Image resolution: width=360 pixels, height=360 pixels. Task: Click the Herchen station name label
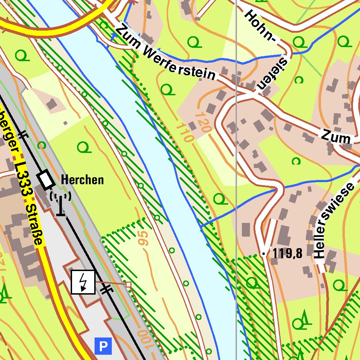[82, 180]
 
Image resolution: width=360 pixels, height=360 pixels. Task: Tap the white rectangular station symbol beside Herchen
[46, 179]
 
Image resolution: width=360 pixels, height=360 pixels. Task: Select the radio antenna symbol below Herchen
[61, 204]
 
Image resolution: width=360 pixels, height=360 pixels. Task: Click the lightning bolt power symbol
[83, 282]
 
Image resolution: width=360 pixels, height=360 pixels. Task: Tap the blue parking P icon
[103, 346]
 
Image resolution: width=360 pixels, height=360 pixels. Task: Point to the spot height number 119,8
[287, 253]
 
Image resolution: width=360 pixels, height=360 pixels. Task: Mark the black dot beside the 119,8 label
[263, 253]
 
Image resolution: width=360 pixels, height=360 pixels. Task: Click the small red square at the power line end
[129, 284]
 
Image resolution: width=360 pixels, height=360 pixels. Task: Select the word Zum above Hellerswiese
[335, 137]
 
